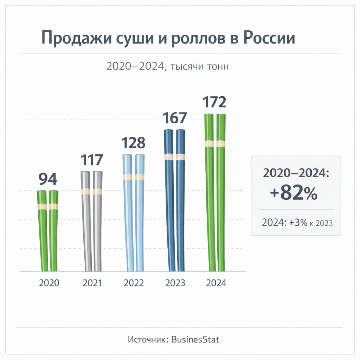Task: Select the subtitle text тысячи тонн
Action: (x=199, y=66)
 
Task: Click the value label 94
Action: (x=47, y=179)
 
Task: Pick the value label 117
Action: (x=91, y=160)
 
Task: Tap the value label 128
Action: (x=133, y=143)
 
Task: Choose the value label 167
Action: (x=175, y=118)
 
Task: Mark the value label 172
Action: (x=214, y=103)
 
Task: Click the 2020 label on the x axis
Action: (x=49, y=283)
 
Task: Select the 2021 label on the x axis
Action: (x=92, y=283)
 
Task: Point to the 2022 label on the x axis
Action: (x=134, y=283)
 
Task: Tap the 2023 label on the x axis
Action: (x=175, y=283)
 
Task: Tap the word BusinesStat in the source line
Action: (x=195, y=339)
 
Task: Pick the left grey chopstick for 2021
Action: (x=86, y=221)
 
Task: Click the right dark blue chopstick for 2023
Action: (x=181, y=200)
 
